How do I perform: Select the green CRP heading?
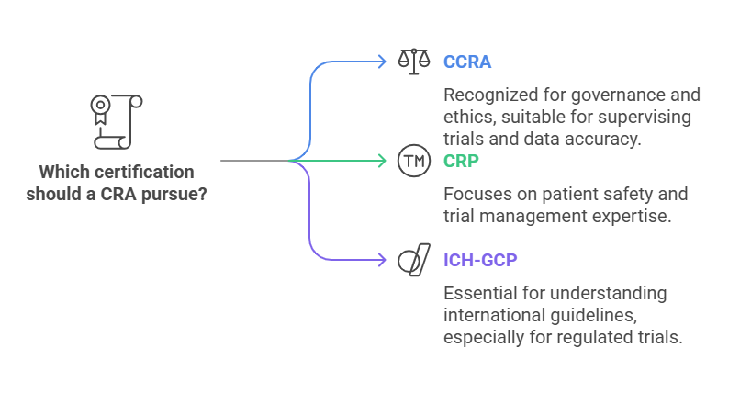(463, 161)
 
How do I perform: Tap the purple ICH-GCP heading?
(480, 260)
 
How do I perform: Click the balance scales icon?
(413, 61)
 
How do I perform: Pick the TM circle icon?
(413, 162)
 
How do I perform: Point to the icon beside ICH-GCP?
(413, 260)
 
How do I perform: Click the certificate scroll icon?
(109, 120)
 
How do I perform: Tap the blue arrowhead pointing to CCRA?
(382, 62)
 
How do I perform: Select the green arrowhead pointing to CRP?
(382, 162)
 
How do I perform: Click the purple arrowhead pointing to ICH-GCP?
(382, 261)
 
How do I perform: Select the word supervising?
(645, 118)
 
